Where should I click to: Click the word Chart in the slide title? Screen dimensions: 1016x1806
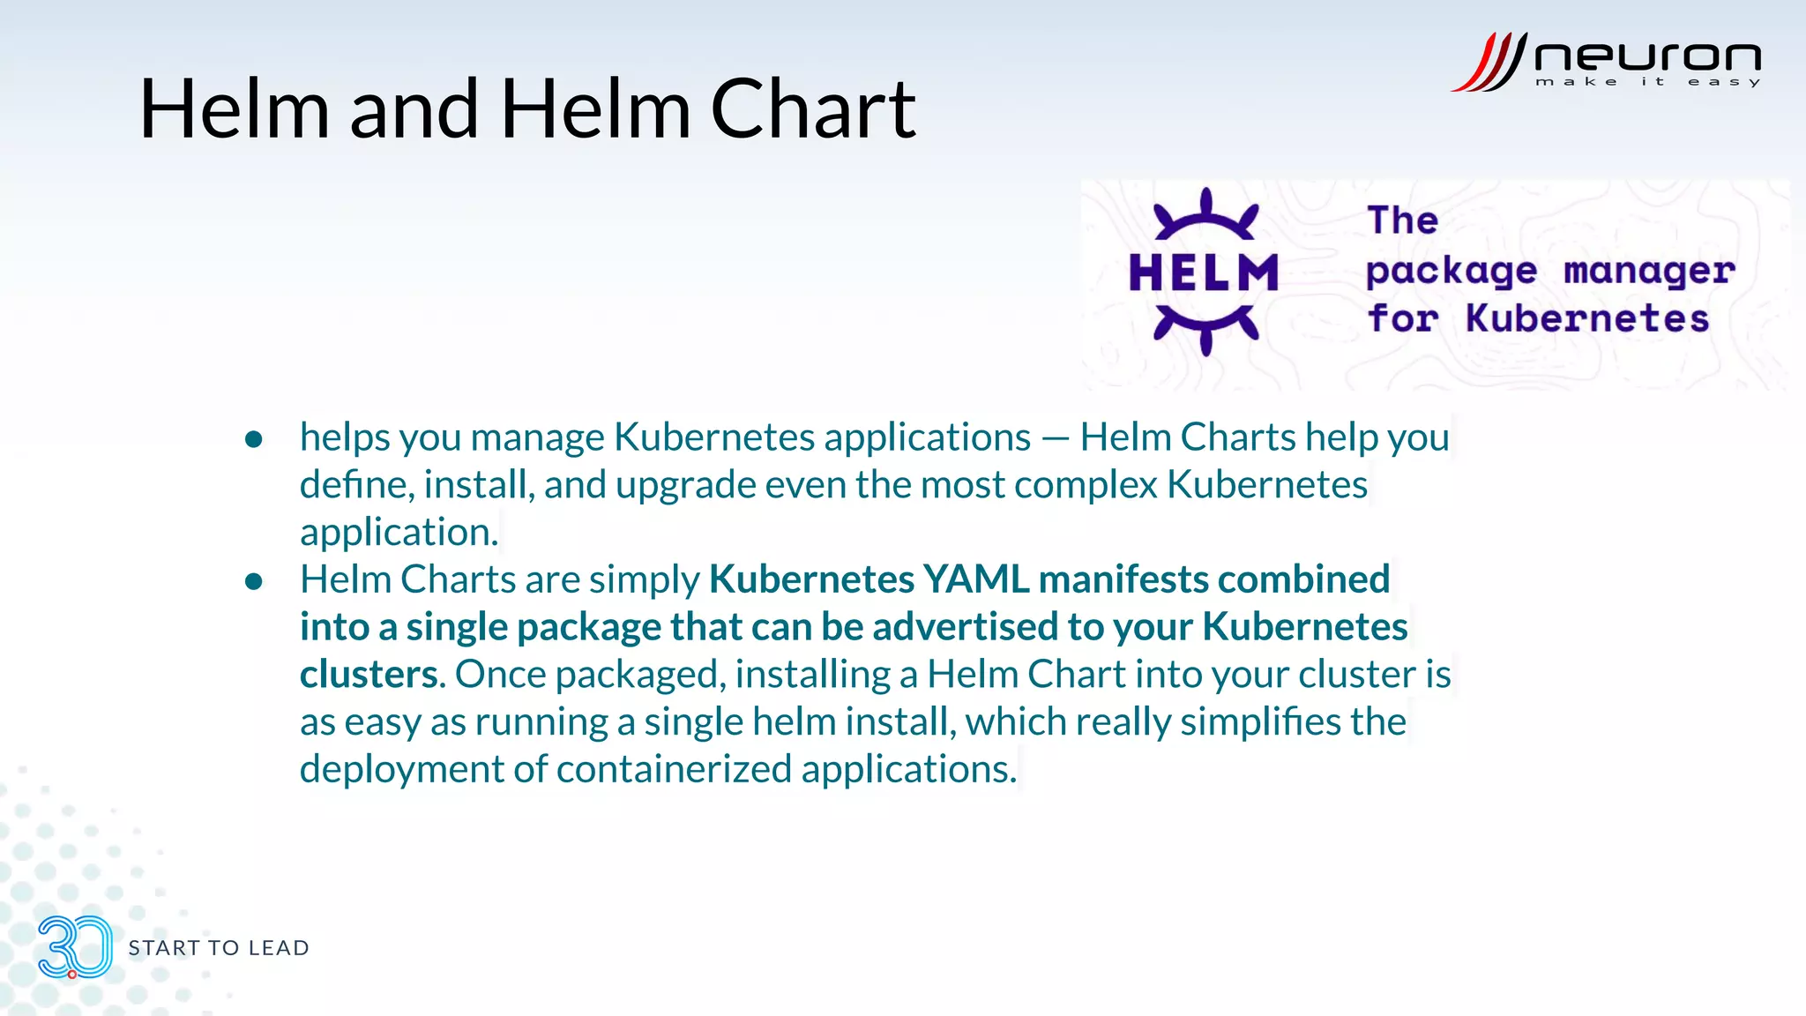pos(813,109)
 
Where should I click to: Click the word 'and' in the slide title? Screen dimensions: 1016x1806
pos(414,109)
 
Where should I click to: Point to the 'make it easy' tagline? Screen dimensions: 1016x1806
pos(1647,82)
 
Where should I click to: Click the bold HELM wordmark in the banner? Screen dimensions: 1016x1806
pos(1204,273)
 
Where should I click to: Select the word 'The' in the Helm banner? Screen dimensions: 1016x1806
pos(1402,220)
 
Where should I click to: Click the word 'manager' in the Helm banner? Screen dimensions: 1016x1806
pos(1649,271)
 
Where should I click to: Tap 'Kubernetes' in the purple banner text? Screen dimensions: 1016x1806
pos(1587,318)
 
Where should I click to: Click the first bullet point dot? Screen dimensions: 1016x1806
pos(254,439)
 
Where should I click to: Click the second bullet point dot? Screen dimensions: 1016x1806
pos(254,581)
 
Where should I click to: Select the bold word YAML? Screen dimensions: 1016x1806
pos(975,579)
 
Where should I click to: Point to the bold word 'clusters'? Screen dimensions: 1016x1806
pos(368,675)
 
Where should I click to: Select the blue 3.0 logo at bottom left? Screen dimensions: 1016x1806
pos(75,947)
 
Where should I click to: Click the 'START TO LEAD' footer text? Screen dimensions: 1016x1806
pos(219,948)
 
